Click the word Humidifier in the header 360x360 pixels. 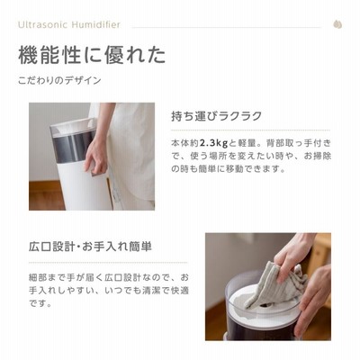pos(94,24)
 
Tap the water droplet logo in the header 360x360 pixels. pos(337,24)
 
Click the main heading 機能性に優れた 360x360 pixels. pos(92,55)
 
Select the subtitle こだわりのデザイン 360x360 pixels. pos(59,80)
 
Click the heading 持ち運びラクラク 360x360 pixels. pos(216,116)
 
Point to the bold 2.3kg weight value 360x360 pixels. pos(214,143)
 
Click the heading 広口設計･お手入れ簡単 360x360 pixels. pos(91,247)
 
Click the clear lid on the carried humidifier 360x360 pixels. pos(73,127)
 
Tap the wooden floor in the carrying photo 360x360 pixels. pos(45,195)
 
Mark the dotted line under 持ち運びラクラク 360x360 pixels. pos(250,130)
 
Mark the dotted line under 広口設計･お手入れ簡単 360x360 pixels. pos(108,262)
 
